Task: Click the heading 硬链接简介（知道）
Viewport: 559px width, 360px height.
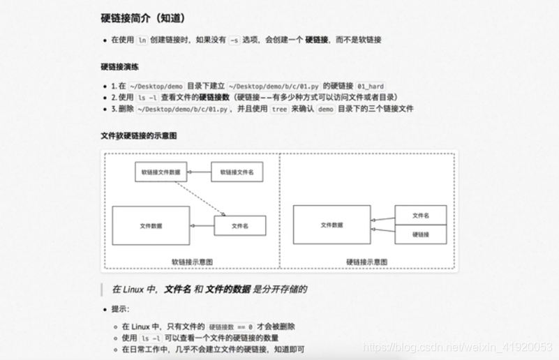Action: click(143, 18)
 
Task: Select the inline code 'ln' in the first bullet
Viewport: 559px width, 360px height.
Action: click(142, 40)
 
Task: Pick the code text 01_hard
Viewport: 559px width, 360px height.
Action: click(371, 86)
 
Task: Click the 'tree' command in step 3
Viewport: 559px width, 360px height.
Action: click(279, 109)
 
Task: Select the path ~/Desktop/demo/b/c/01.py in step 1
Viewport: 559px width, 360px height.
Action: click(273, 86)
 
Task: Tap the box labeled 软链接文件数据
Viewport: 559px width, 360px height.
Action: click(161, 172)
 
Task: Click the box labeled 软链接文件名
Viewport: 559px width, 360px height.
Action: click(237, 172)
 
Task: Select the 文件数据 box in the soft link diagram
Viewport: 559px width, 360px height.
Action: click(151, 225)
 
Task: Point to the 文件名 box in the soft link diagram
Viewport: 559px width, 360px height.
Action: click(240, 225)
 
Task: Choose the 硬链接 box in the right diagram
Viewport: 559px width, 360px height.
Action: click(420, 234)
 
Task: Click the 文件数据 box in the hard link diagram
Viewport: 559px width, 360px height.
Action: click(331, 225)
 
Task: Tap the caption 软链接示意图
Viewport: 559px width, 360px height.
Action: click(192, 262)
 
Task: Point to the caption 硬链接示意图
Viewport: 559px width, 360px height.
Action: click(366, 262)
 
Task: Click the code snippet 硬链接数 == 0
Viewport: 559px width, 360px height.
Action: click(230, 327)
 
